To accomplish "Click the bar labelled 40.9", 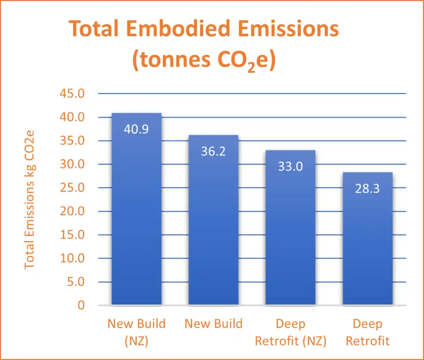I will tap(136, 221).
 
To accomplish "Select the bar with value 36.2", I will tap(213, 229).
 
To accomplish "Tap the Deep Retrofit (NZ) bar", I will tap(290, 238).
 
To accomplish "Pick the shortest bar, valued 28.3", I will tap(367, 247).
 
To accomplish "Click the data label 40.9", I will tap(136, 130).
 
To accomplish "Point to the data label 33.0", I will tap(290, 167).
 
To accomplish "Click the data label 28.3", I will tap(367, 189).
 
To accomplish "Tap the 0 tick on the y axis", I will tap(81, 305).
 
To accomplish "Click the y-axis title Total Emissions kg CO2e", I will tap(30, 199).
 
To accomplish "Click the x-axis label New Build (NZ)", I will tap(136, 332).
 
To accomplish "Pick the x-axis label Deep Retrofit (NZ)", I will tap(290, 332).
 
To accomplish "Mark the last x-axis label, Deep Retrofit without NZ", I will tap(367, 332).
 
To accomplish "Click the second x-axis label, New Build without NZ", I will tap(213, 324).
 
